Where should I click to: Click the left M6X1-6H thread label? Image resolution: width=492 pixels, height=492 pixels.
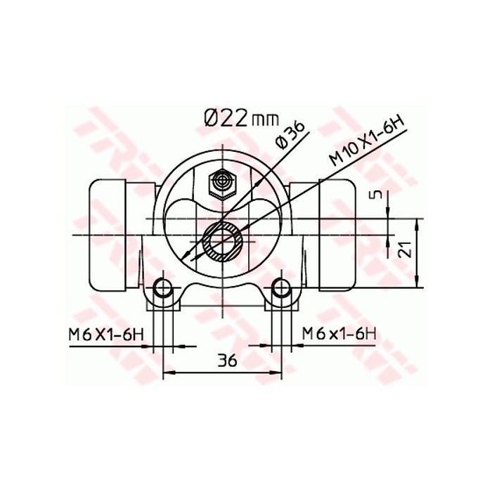click(106, 333)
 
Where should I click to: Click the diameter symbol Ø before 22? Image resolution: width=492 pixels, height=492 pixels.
click(212, 117)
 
